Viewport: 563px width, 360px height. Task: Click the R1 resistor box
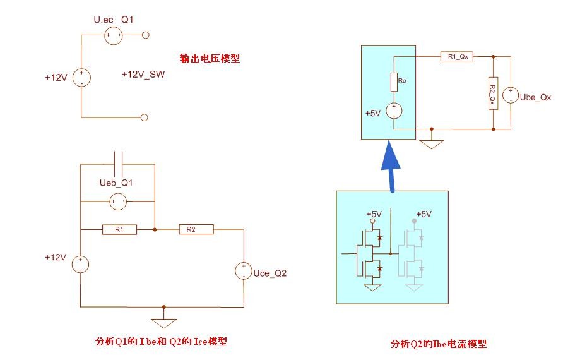(119, 230)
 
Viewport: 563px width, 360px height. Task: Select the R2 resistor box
(196, 229)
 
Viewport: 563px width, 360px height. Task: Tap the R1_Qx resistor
(457, 56)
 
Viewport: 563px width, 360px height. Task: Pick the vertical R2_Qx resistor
(493, 93)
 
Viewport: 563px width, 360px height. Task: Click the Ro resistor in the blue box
(394, 82)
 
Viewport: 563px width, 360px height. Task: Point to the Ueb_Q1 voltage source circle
(118, 201)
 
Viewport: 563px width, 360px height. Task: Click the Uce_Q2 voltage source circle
(244, 271)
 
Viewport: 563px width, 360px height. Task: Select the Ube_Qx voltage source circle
(511, 95)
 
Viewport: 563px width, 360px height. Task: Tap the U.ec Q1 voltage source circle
(114, 35)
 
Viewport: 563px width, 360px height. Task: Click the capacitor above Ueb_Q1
(118, 164)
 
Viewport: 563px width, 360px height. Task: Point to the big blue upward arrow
(391, 166)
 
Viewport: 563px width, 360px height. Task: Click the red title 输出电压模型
(210, 58)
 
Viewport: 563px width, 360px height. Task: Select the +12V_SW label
(143, 75)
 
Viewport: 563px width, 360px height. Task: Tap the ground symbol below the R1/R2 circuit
(163, 323)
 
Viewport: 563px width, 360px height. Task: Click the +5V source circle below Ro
(394, 111)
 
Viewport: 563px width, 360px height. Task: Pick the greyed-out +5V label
(424, 214)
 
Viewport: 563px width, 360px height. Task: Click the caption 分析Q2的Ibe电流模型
(439, 344)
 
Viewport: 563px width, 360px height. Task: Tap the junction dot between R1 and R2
(155, 230)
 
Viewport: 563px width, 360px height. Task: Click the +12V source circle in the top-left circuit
(81, 78)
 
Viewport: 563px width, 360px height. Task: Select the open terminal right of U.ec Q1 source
(145, 35)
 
